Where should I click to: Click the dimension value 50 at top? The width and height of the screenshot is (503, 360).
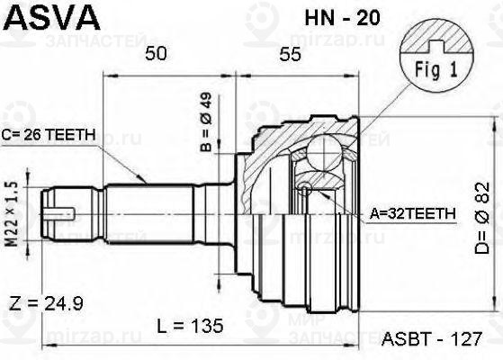pos(157,55)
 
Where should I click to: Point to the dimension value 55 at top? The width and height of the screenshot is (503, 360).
pos(289,55)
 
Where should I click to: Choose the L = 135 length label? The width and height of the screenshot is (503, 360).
pos(200,323)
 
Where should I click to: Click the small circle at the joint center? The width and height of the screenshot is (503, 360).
pos(306,189)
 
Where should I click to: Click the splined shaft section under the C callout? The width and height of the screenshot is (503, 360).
pos(148,213)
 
